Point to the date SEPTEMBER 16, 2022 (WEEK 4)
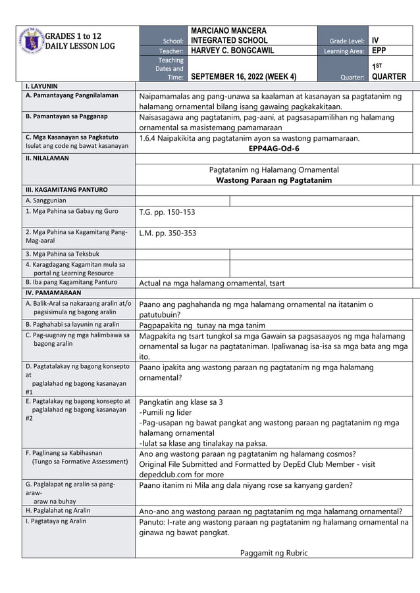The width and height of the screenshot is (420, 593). [x=243, y=76]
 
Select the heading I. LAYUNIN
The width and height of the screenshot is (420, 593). [x=41, y=85]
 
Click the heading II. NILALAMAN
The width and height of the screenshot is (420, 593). [x=45, y=158]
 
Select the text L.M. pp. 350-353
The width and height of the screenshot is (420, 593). [x=167, y=233]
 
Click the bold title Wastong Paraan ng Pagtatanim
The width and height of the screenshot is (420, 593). [x=273, y=180]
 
